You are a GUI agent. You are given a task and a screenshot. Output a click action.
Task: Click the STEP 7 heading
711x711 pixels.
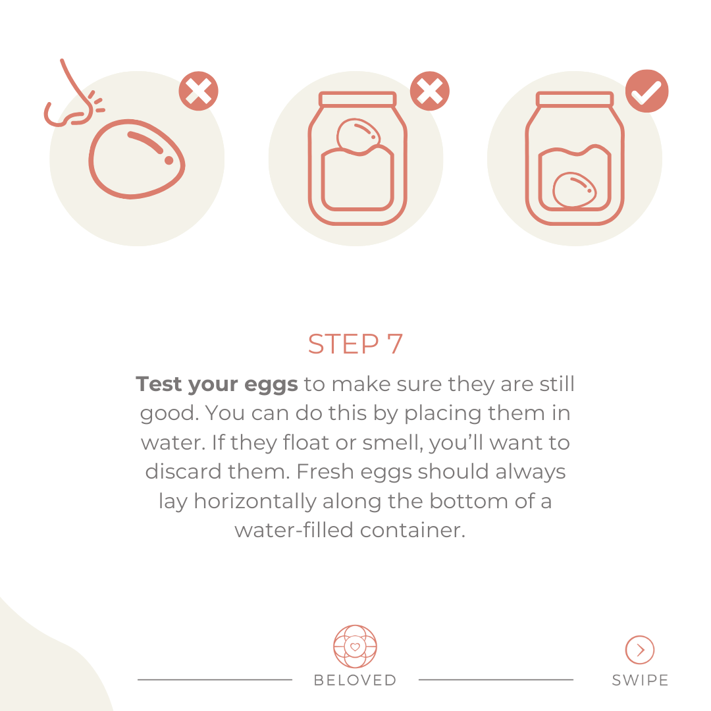pos(355,344)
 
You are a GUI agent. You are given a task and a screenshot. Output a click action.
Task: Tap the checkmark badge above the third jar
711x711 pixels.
pos(646,91)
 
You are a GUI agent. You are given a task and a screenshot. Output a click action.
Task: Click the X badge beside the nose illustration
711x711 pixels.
pos(199,91)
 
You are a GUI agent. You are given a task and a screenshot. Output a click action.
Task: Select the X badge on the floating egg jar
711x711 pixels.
pos(430,91)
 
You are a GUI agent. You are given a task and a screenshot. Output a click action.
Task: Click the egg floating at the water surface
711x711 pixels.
pos(358,136)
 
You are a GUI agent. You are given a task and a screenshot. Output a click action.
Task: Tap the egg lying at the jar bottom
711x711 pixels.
pos(575,190)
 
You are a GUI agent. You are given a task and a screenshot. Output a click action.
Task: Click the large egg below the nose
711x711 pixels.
pos(136,159)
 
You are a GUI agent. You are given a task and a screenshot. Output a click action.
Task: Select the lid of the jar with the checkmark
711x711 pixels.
pos(575,99)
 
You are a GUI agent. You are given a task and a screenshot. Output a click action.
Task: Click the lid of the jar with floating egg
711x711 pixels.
pos(357,99)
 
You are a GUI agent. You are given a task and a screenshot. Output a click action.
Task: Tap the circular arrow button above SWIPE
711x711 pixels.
pos(640,650)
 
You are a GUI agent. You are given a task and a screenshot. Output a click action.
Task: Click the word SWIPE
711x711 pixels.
pos(640,680)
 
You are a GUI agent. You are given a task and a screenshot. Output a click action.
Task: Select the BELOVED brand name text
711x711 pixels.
pos(355,680)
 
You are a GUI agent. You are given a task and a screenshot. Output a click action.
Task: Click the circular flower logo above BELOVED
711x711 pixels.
pos(355,646)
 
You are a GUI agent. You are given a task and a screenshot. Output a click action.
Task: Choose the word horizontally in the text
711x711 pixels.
pos(255,502)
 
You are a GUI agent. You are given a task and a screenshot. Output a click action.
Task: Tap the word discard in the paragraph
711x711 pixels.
pos(184,471)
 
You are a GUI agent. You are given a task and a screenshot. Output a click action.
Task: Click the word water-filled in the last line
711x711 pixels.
pos(294,530)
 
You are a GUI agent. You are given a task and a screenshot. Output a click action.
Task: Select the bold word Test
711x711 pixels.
pos(159,384)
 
